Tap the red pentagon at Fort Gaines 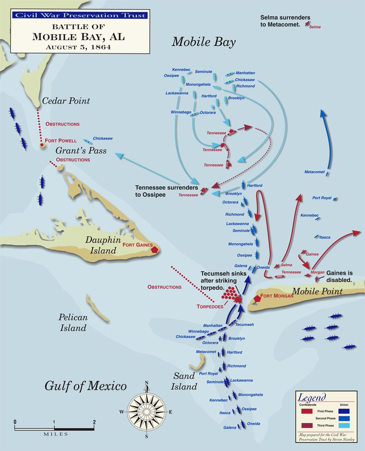155,249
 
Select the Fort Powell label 61,140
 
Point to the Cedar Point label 66,101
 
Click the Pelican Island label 74,322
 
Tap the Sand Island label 184,381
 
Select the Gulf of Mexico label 85,387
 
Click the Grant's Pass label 81,150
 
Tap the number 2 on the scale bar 94,422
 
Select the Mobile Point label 317,292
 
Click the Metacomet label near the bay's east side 314,172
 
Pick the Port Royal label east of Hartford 322,198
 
